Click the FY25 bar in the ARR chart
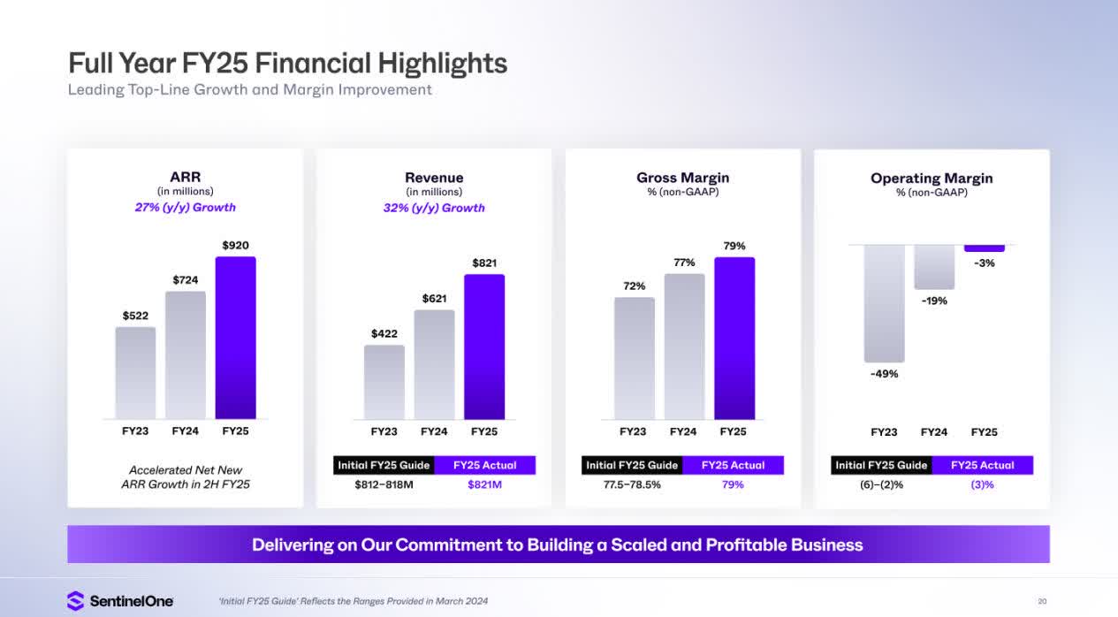pyautogui.click(x=235, y=338)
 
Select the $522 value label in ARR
pyautogui.click(x=135, y=316)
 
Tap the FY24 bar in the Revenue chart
pyautogui.click(x=434, y=364)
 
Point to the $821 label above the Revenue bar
pyautogui.click(x=484, y=263)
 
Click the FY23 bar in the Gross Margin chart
pyautogui.click(x=634, y=358)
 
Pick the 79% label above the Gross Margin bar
pyautogui.click(x=734, y=246)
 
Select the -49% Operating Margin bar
pyautogui.click(x=884, y=303)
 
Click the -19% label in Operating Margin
pyautogui.click(x=934, y=301)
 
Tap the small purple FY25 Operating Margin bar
pyautogui.click(x=984, y=248)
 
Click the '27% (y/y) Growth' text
pyautogui.click(x=185, y=208)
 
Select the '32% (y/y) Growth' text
pyautogui.click(x=434, y=208)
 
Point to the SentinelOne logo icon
pyautogui.click(x=76, y=601)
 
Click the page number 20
pyautogui.click(x=1043, y=601)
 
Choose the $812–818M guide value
pyautogui.click(x=384, y=484)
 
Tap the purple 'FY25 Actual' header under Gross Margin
pyautogui.click(x=734, y=465)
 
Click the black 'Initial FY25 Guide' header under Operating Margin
pyautogui.click(x=881, y=465)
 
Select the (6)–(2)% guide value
pyautogui.click(x=881, y=484)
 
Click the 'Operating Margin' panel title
pyautogui.click(x=932, y=179)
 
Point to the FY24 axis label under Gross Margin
pyautogui.click(x=683, y=431)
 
